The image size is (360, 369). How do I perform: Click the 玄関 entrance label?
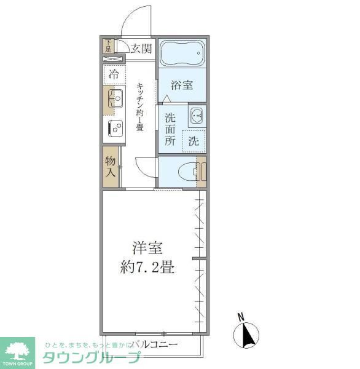(141, 48)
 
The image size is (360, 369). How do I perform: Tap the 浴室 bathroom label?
(181, 85)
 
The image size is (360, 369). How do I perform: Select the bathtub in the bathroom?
(181, 56)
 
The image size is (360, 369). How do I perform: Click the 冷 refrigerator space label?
(114, 75)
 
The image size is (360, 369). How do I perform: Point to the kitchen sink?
(115, 98)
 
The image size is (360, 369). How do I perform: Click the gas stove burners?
(115, 127)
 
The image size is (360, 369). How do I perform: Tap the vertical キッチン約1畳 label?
(140, 106)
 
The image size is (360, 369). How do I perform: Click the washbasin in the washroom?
(197, 114)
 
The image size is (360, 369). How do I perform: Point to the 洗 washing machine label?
(194, 140)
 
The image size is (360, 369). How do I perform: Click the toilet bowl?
(187, 172)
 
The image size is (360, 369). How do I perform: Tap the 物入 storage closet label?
(111, 167)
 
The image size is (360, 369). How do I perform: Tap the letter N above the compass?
(241, 317)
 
